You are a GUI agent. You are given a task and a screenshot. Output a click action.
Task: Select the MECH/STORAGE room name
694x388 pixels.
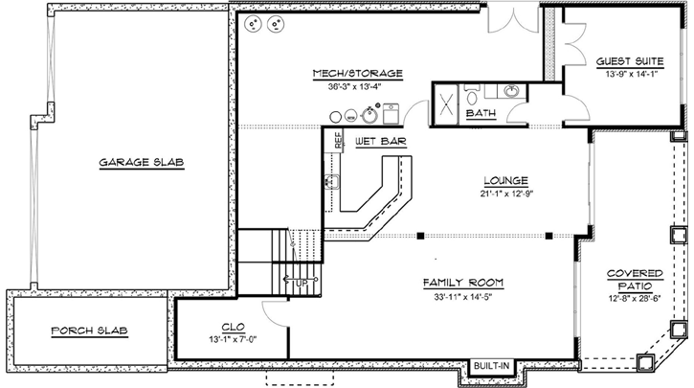coord(357,73)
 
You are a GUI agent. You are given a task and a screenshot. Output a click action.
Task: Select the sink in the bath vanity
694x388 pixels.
coord(512,92)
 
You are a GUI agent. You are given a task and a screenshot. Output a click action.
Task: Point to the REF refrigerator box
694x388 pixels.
coord(338,139)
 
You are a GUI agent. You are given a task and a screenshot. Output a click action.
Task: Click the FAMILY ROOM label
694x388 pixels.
coord(463,283)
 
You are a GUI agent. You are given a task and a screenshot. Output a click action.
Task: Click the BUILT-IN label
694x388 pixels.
coord(490,365)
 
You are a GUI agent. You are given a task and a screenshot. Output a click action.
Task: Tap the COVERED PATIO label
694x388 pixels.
coord(635,281)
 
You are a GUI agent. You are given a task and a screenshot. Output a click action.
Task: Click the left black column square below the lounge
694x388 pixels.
coord(420,235)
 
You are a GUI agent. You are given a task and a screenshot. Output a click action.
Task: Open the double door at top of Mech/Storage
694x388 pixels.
coord(505,16)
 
